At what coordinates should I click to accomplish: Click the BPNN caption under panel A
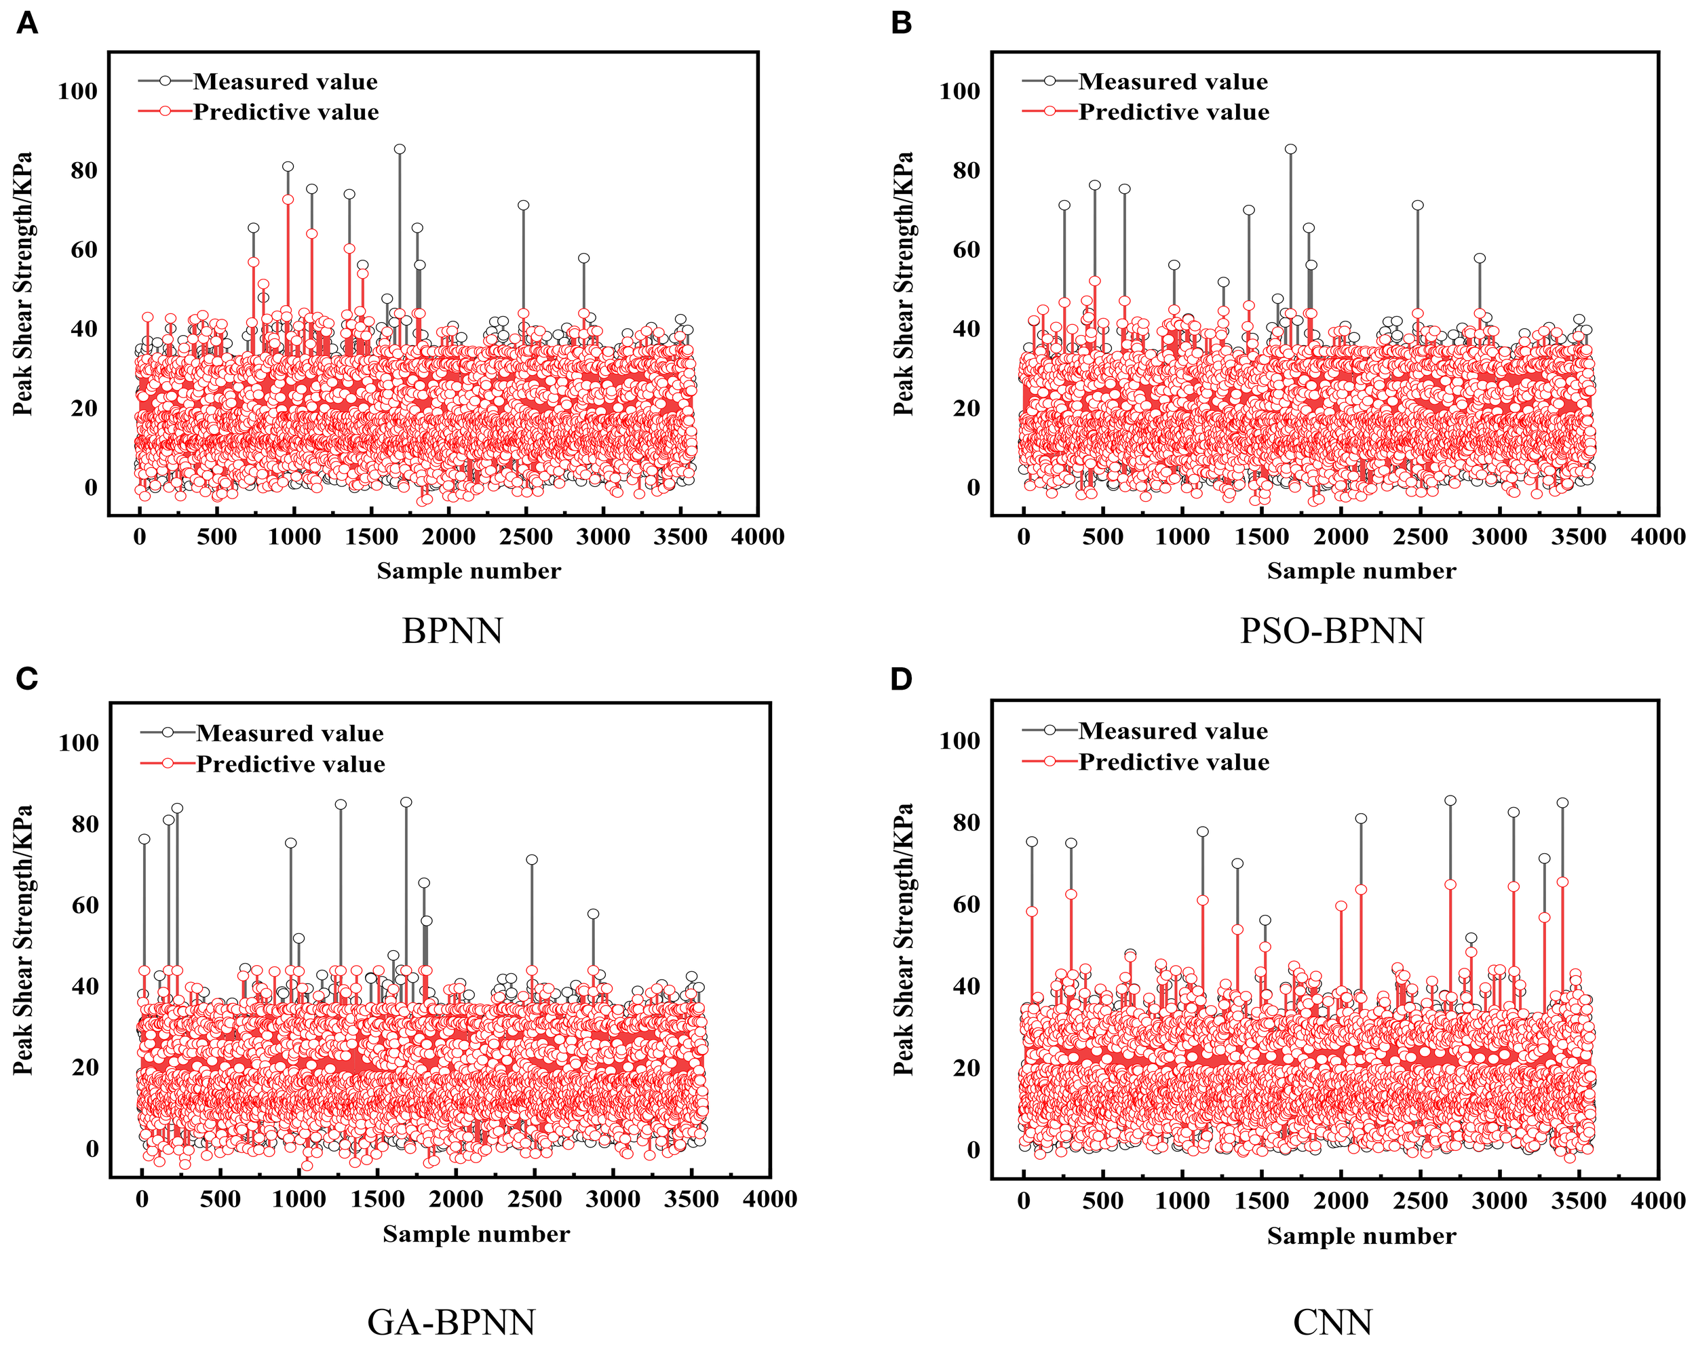[x=452, y=631]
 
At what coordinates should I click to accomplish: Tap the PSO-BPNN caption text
[x=1332, y=631]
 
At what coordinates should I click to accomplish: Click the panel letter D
[x=901, y=678]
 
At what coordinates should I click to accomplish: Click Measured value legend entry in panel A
[x=285, y=82]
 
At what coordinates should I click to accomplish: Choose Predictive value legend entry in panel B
[x=1173, y=113]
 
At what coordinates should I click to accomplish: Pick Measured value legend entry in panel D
[x=1172, y=731]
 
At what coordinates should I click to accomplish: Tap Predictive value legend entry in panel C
[x=290, y=764]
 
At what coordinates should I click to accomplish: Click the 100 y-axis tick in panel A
[x=77, y=92]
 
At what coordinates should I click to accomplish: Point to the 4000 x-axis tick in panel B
[x=1657, y=537]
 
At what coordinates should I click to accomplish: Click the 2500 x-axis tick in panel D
[x=1420, y=1201]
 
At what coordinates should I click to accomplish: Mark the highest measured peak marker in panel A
[x=400, y=149]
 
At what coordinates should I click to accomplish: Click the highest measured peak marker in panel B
[x=1291, y=149]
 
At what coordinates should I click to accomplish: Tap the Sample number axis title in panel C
[x=476, y=1234]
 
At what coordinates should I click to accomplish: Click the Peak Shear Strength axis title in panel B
[x=903, y=283]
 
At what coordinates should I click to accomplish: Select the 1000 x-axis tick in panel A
[x=294, y=537]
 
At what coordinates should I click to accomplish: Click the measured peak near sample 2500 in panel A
[x=523, y=205]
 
